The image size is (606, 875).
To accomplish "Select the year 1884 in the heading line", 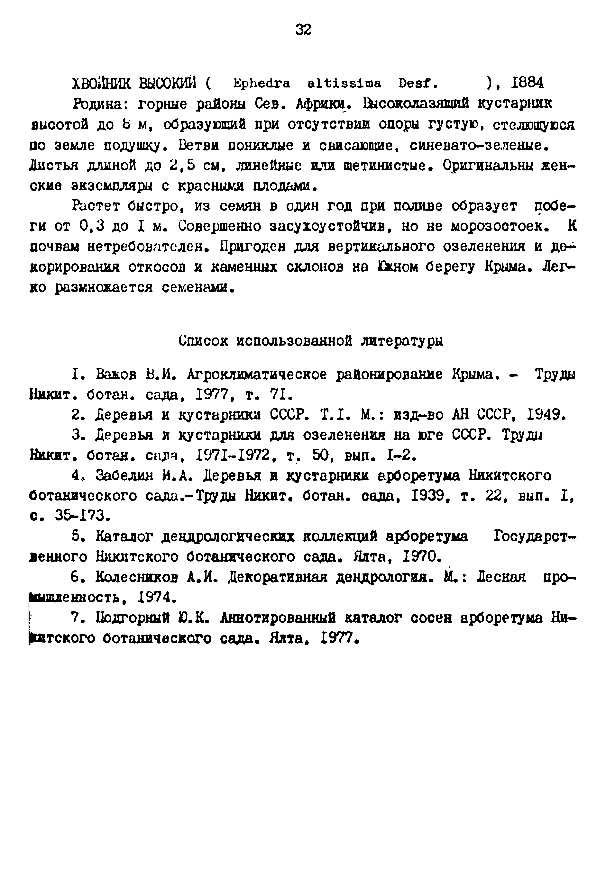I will [527, 82].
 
